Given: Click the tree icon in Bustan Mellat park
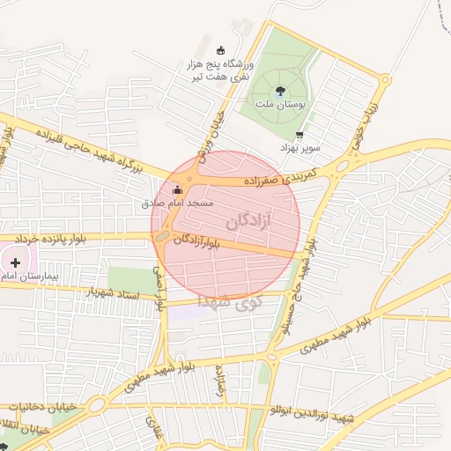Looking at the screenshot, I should (280, 90).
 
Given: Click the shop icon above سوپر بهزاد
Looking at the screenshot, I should (301, 136).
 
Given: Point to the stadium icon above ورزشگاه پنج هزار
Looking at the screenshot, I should (220, 50).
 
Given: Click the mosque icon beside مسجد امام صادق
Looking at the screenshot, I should (178, 189).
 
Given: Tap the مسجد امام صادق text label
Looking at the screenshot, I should (179, 203).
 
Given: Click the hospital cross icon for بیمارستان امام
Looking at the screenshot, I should (15, 262).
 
